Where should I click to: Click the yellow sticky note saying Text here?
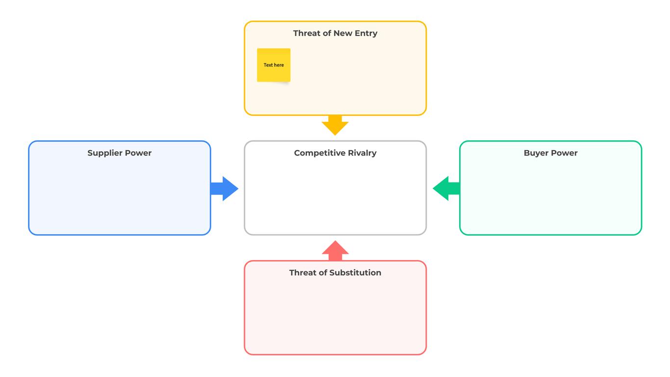tap(274, 65)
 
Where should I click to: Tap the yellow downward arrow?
tap(335, 126)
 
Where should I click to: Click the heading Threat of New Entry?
tap(335, 33)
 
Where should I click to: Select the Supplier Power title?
tap(119, 153)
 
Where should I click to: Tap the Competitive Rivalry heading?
tap(335, 153)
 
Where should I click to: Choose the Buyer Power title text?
tap(550, 153)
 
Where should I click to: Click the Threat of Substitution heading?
tap(335, 273)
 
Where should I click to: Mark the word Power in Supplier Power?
tap(138, 153)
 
